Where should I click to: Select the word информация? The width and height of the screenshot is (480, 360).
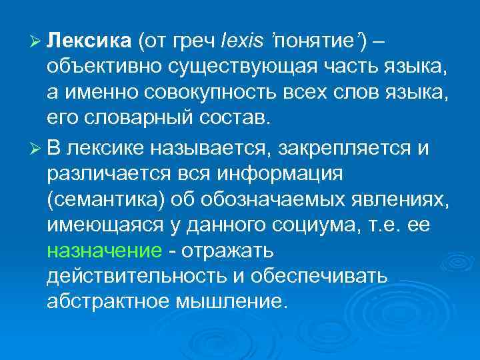[x=284, y=175]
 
